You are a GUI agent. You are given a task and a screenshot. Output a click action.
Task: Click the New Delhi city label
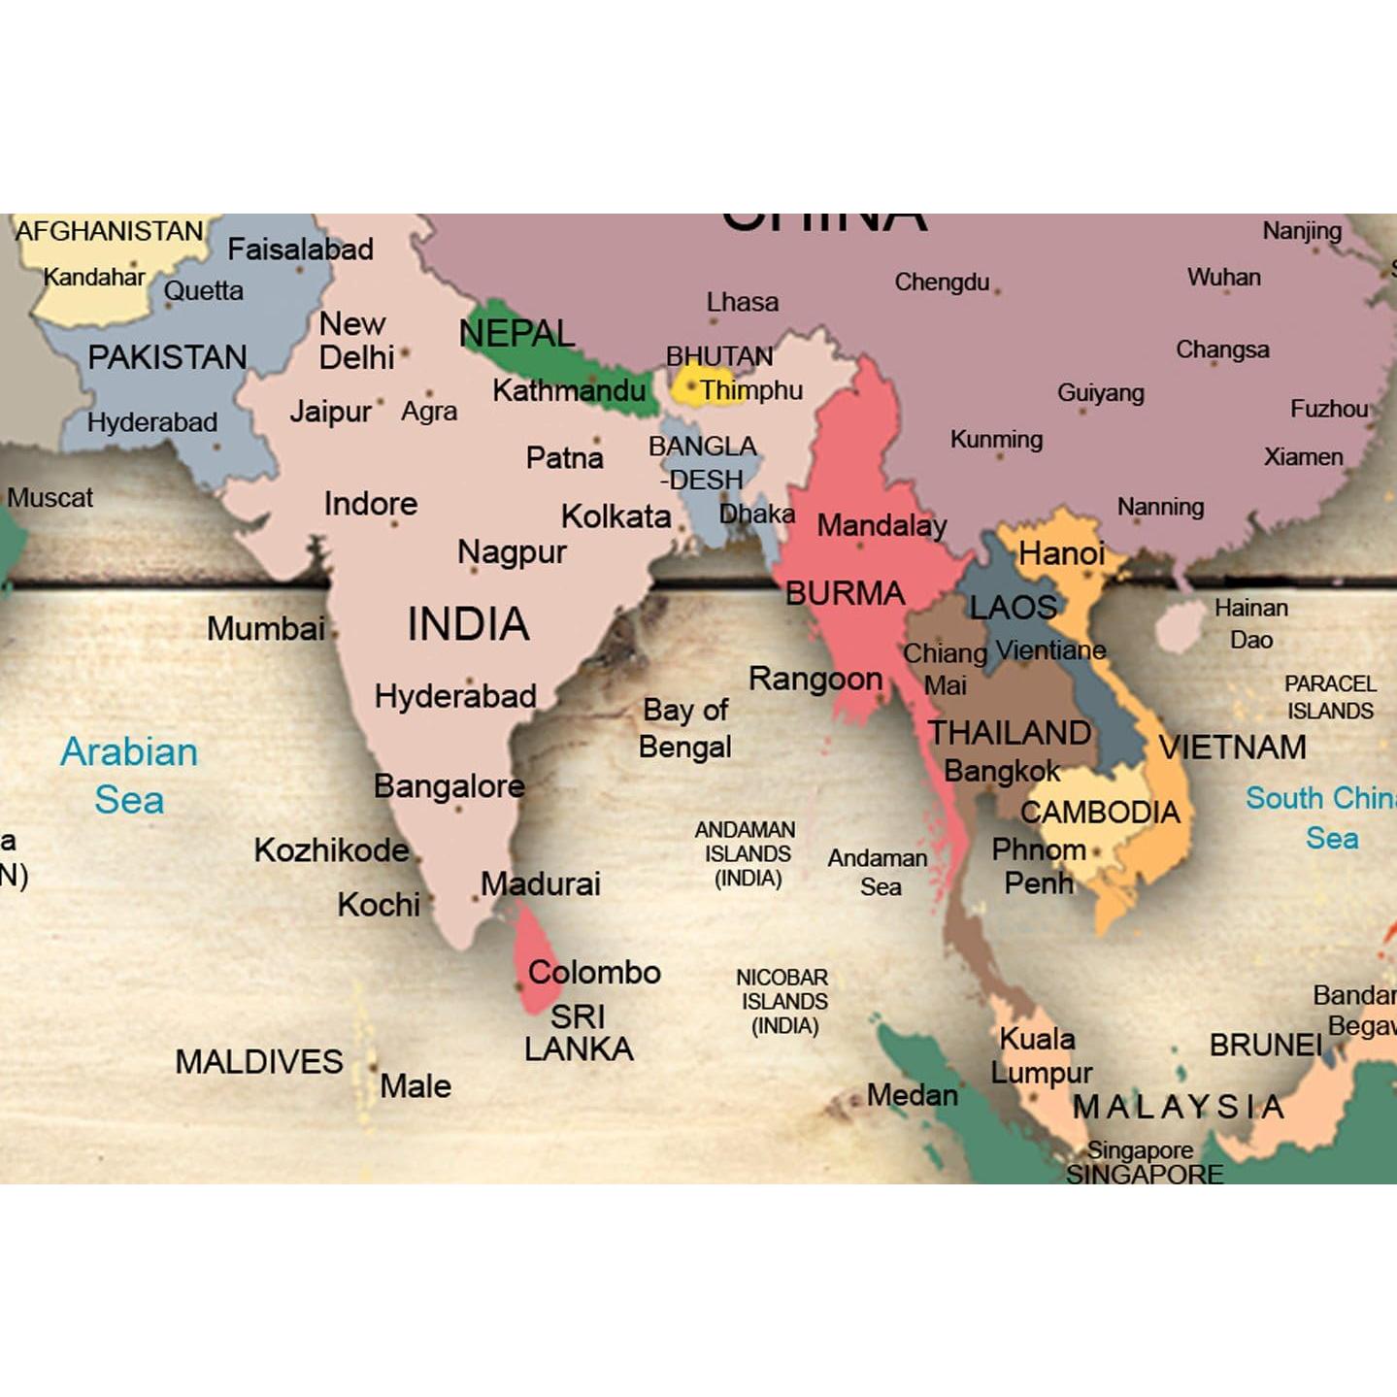click(x=356, y=340)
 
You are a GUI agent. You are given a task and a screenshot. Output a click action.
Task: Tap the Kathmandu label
click(x=568, y=390)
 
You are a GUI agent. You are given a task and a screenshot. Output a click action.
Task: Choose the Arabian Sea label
click(x=129, y=775)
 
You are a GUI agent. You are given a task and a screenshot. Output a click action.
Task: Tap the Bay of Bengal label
click(x=685, y=728)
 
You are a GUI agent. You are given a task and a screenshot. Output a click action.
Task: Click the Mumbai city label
click(x=265, y=628)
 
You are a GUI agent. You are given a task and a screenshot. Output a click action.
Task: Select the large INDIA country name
click(x=468, y=623)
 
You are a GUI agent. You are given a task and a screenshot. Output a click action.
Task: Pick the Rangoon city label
click(x=815, y=679)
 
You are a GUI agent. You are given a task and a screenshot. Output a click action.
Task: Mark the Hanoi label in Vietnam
click(x=1060, y=553)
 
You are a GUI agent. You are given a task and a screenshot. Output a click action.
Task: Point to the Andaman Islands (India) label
click(x=747, y=853)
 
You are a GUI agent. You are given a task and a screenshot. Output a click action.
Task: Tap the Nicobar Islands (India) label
click(x=782, y=1001)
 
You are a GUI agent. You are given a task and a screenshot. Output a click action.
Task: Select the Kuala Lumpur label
click(x=1040, y=1055)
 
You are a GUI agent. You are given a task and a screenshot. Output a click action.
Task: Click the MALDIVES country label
click(x=258, y=1061)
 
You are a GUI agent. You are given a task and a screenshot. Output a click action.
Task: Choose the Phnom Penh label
click(x=1038, y=866)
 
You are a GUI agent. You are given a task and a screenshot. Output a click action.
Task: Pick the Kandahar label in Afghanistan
click(x=93, y=277)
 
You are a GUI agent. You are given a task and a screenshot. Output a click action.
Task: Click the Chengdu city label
click(x=941, y=282)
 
